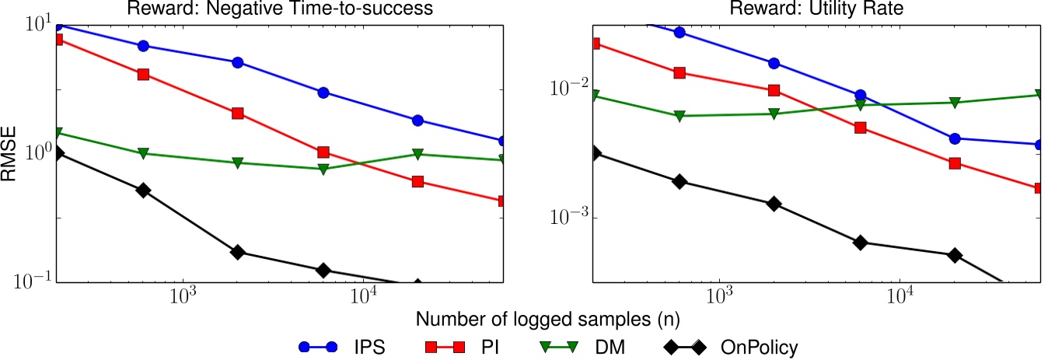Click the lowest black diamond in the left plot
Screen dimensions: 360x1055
[417, 285]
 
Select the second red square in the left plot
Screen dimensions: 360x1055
[143, 75]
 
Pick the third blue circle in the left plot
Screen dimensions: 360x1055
[238, 62]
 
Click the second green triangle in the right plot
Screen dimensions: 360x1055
[679, 116]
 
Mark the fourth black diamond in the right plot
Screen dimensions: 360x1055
[860, 243]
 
